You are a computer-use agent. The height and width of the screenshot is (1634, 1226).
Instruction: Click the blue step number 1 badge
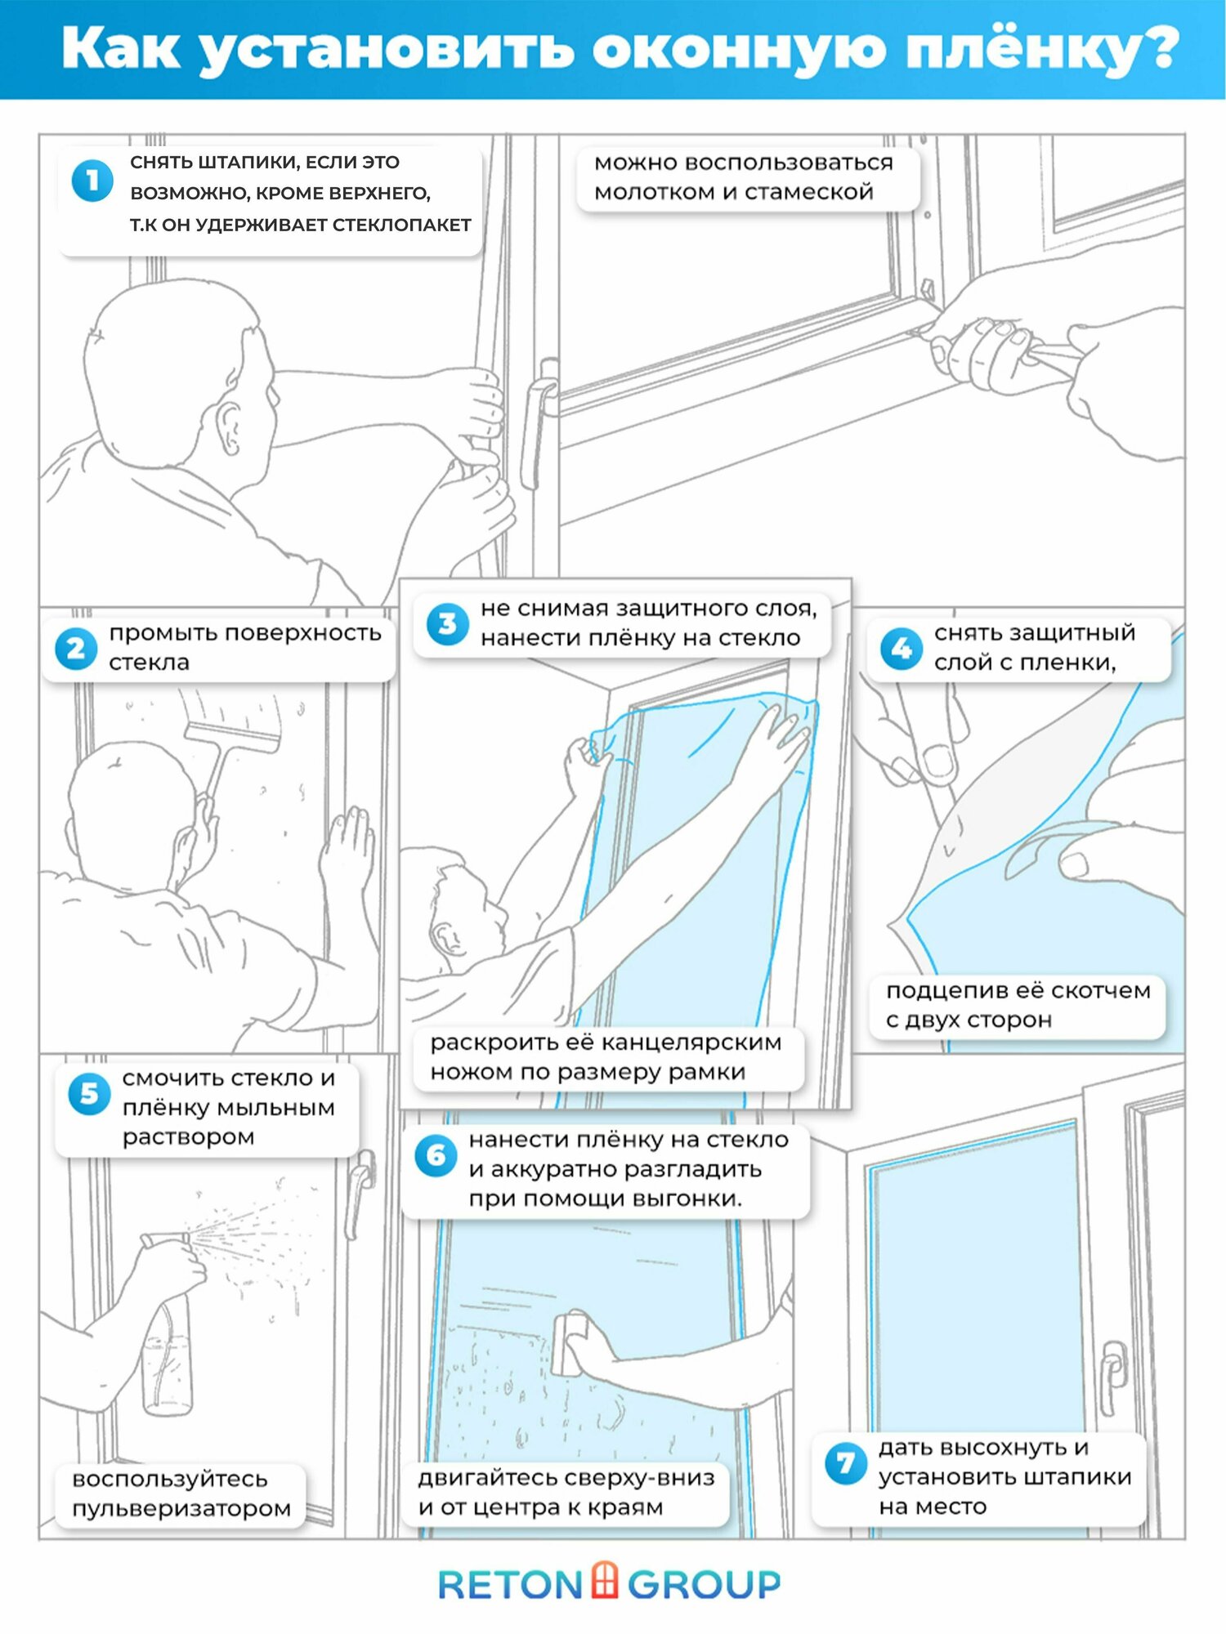[x=92, y=181]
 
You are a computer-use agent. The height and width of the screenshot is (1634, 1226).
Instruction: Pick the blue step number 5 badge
[x=89, y=1094]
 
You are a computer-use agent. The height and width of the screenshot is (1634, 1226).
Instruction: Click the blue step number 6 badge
[x=436, y=1156]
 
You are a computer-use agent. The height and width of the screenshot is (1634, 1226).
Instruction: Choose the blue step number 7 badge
[x=845, y=1463]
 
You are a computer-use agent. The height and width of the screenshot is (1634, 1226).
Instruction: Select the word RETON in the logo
[x=510, y=1585]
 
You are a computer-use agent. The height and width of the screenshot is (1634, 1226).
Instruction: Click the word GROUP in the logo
[x=705, y=1585]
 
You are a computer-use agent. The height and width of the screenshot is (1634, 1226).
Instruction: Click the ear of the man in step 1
[x=228, y=426]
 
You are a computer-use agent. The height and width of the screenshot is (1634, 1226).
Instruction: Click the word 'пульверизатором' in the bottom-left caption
[x=181, y=1509]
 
